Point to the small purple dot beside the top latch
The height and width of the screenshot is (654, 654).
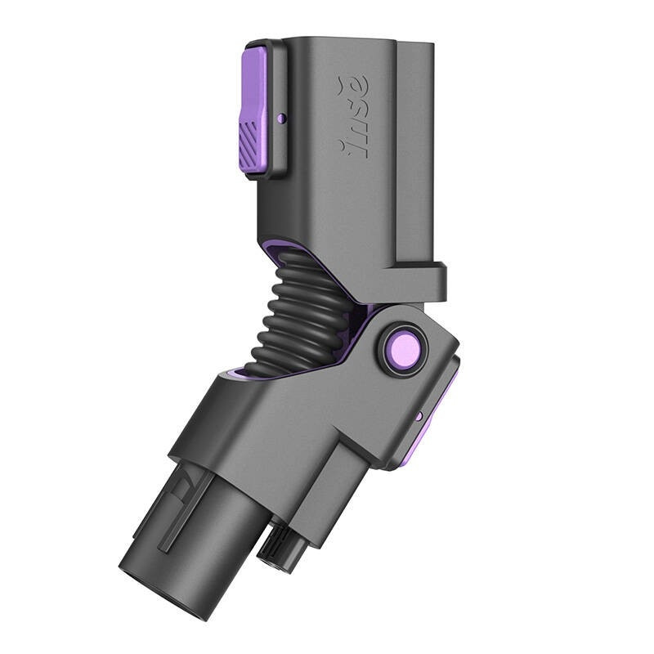[281, 119]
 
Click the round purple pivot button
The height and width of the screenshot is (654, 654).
[404, 348]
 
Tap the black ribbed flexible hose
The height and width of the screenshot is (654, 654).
[302, 319]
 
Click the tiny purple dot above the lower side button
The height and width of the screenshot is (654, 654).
[419, 416]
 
